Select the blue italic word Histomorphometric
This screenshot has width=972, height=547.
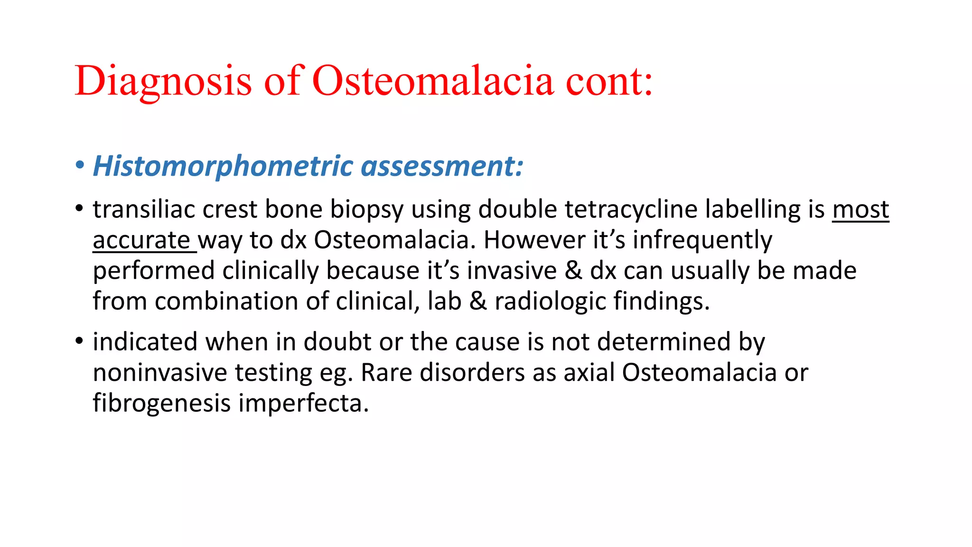click(x=223, y=167)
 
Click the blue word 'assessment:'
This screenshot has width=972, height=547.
click(x=442, y=167)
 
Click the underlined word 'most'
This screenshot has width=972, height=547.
click(x=860, y=209)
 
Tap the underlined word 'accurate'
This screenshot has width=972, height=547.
click(x=141, y=240)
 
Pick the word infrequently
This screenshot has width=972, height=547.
click(x=702, y=240)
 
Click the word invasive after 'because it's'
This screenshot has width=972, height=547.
click(x=512, y=271)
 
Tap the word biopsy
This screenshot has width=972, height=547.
click(x=366, y=209)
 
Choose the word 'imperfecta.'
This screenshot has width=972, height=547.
click(x=303, y=404)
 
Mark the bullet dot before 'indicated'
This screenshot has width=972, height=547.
click(x=79, y=341)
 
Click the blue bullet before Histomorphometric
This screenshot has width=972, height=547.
click(x=80, y=166)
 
